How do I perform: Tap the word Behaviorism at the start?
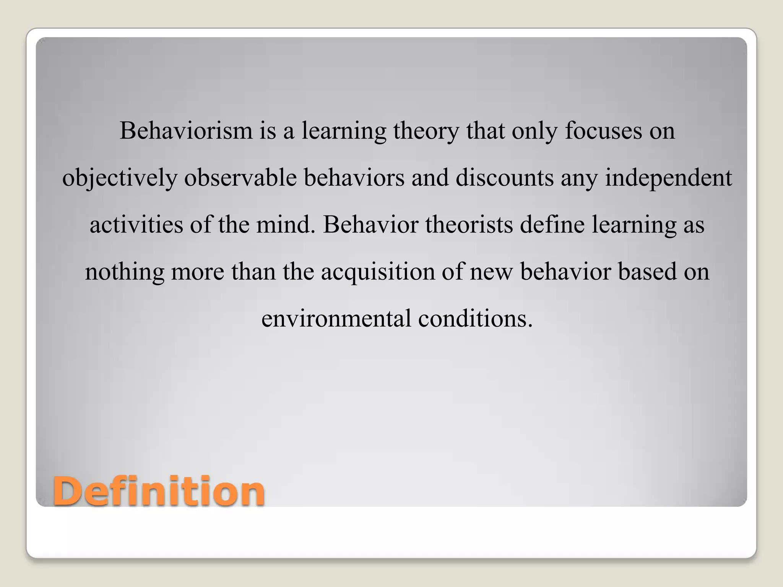click(186, 131)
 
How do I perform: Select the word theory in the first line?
click(426, 131)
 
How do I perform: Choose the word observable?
click(240, 178)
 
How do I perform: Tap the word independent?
click(668, 178)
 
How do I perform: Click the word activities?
click(136, 225)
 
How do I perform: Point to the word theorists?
click(469, 225)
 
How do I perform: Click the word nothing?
click(124, 272)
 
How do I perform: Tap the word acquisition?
click(378, 272)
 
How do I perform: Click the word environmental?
click(336, 319)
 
